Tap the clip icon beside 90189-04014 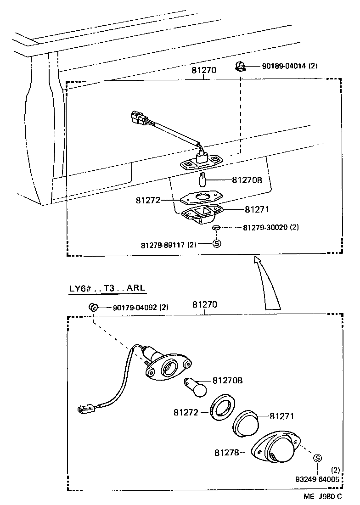pos(239,67)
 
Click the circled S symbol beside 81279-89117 pos(217,244)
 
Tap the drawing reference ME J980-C pos(322,497)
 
